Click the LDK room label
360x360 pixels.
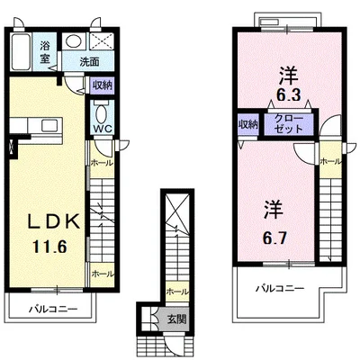tap(54, 222)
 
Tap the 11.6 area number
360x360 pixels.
tap(49, 247)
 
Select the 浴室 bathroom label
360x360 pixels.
tap(45, 52)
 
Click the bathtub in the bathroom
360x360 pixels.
tap(21, 51)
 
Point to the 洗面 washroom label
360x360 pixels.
tap(89, 62)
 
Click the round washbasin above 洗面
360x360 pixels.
tap(74, 41)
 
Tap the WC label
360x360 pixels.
tap(103, 129)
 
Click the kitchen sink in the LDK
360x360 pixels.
tap(49, 126)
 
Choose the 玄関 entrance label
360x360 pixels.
tap(176, 319)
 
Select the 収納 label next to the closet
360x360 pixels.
tap(248, 124)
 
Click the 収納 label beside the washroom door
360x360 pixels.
tap(102, 85)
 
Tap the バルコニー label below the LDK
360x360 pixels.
tap(53, 309)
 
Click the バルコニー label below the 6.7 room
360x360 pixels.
tap(280, 289)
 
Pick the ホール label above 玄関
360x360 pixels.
tap(177, 292)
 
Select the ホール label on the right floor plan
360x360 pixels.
tap(330, 161)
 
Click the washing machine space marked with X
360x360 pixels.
tap(102, 40)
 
